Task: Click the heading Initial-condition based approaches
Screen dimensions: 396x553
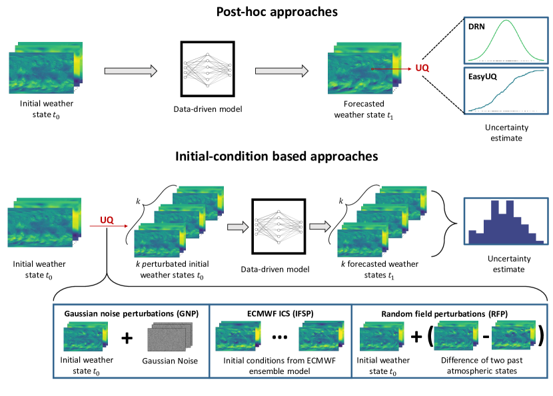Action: pos(276,156)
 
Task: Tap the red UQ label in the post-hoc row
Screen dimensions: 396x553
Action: pos(422,68)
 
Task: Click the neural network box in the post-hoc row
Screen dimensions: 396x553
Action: pos(206,70)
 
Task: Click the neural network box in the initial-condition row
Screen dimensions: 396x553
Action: pos(276,226)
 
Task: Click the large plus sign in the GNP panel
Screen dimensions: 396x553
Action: pos(127,338)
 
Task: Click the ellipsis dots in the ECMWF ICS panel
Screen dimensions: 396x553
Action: pos(280,338)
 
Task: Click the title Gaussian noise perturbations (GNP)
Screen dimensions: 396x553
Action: pos(131,313)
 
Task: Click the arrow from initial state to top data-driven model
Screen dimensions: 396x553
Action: pos(131,70)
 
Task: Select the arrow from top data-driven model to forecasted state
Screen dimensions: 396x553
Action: pos(280,70)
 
